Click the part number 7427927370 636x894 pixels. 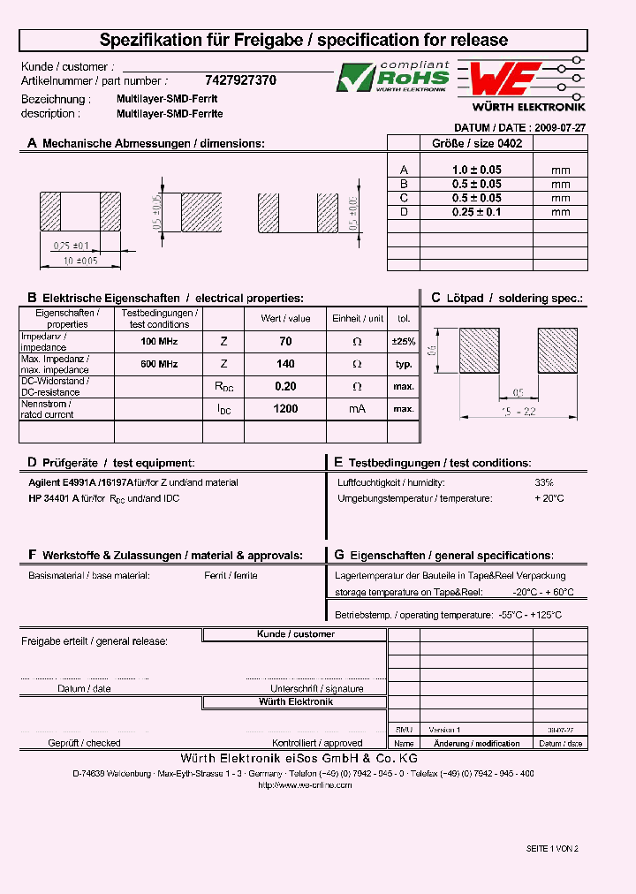point(240,80)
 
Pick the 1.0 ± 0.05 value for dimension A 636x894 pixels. point(476,170)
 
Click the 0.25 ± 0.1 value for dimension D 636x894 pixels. point(476,212)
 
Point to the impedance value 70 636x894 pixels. point(285,341)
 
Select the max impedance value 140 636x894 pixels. point(285,364)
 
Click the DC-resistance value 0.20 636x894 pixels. point(285,387)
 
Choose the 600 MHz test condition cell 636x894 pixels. point(159,364)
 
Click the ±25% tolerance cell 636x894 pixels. point(404,341)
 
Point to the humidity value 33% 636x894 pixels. point(544,483)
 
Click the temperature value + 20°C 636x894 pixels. point(549,499)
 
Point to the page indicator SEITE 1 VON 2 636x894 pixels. point(551,848)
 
